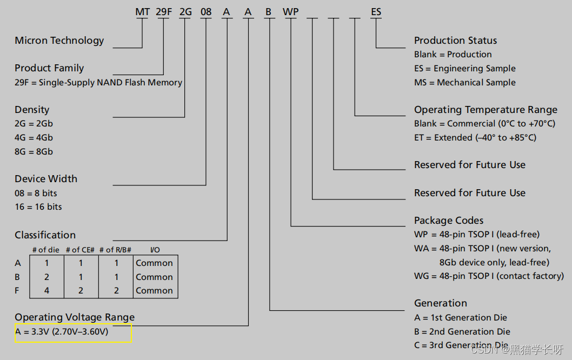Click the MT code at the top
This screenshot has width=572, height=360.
(142, 11)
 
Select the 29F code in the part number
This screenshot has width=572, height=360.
(164, 11)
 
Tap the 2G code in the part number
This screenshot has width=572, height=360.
(185, 11)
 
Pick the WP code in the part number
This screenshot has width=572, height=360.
(291, 11)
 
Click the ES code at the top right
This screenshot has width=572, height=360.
(376, 11)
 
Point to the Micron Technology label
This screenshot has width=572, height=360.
(59, 41)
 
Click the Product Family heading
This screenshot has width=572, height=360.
(49, 68)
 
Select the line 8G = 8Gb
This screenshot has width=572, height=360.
(34, 152)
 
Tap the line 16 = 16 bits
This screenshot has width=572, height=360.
(38, 207)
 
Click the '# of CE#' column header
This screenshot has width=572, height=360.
(81, 250)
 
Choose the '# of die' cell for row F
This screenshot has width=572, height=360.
(46, 291)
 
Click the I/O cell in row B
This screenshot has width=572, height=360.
(154, 277)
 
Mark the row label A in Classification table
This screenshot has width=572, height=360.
(18, 263)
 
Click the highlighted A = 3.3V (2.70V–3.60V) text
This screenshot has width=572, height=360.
(62, 332)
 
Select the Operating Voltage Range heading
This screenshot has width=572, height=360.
(75, 317)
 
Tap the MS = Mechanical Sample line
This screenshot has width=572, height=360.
(464, 83)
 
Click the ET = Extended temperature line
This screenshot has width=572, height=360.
(475, 138)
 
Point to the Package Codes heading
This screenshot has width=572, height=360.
(449, 221)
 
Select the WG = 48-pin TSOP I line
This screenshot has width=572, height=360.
(489, 276)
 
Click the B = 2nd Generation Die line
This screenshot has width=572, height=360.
(462, 332)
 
